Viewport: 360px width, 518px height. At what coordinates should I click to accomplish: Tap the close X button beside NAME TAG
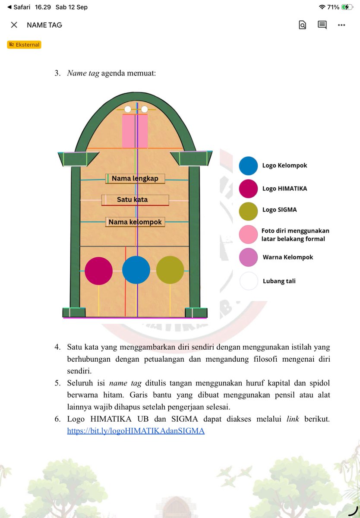[14, 25]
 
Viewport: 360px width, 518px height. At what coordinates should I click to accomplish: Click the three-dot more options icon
[341, 25]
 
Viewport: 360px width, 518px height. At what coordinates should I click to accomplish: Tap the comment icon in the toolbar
[322, 25]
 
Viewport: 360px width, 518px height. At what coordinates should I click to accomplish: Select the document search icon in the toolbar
[303, 25]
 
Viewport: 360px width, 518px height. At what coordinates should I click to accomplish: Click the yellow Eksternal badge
[24, 44]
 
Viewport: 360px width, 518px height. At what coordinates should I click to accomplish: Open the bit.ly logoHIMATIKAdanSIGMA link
[136, 431]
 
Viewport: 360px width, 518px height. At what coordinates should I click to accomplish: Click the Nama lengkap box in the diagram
[135, 179]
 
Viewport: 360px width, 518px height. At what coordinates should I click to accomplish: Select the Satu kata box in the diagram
[135, 200]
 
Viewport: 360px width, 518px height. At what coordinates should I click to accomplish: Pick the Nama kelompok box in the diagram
[135, 222]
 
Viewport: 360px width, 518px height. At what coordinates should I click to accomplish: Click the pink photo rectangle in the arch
[135, 131]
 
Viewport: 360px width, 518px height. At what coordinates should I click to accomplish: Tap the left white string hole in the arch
[128, 109]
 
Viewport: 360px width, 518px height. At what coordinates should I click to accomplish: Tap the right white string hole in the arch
[144, 109]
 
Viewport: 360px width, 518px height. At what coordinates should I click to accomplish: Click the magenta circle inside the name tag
[98, 271]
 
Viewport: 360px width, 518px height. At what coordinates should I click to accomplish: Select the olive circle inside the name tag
[170, 270]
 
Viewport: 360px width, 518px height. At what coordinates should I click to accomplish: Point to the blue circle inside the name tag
[136, 270]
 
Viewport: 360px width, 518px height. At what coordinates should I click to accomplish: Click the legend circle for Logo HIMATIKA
[248, 189]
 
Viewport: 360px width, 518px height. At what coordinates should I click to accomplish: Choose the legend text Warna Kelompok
[287, 257]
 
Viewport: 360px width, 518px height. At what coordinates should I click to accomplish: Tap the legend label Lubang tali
[279, 281]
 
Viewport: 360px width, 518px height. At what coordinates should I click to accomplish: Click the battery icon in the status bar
[347, 7]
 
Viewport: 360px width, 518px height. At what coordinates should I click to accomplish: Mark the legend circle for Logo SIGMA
[248, 212]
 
